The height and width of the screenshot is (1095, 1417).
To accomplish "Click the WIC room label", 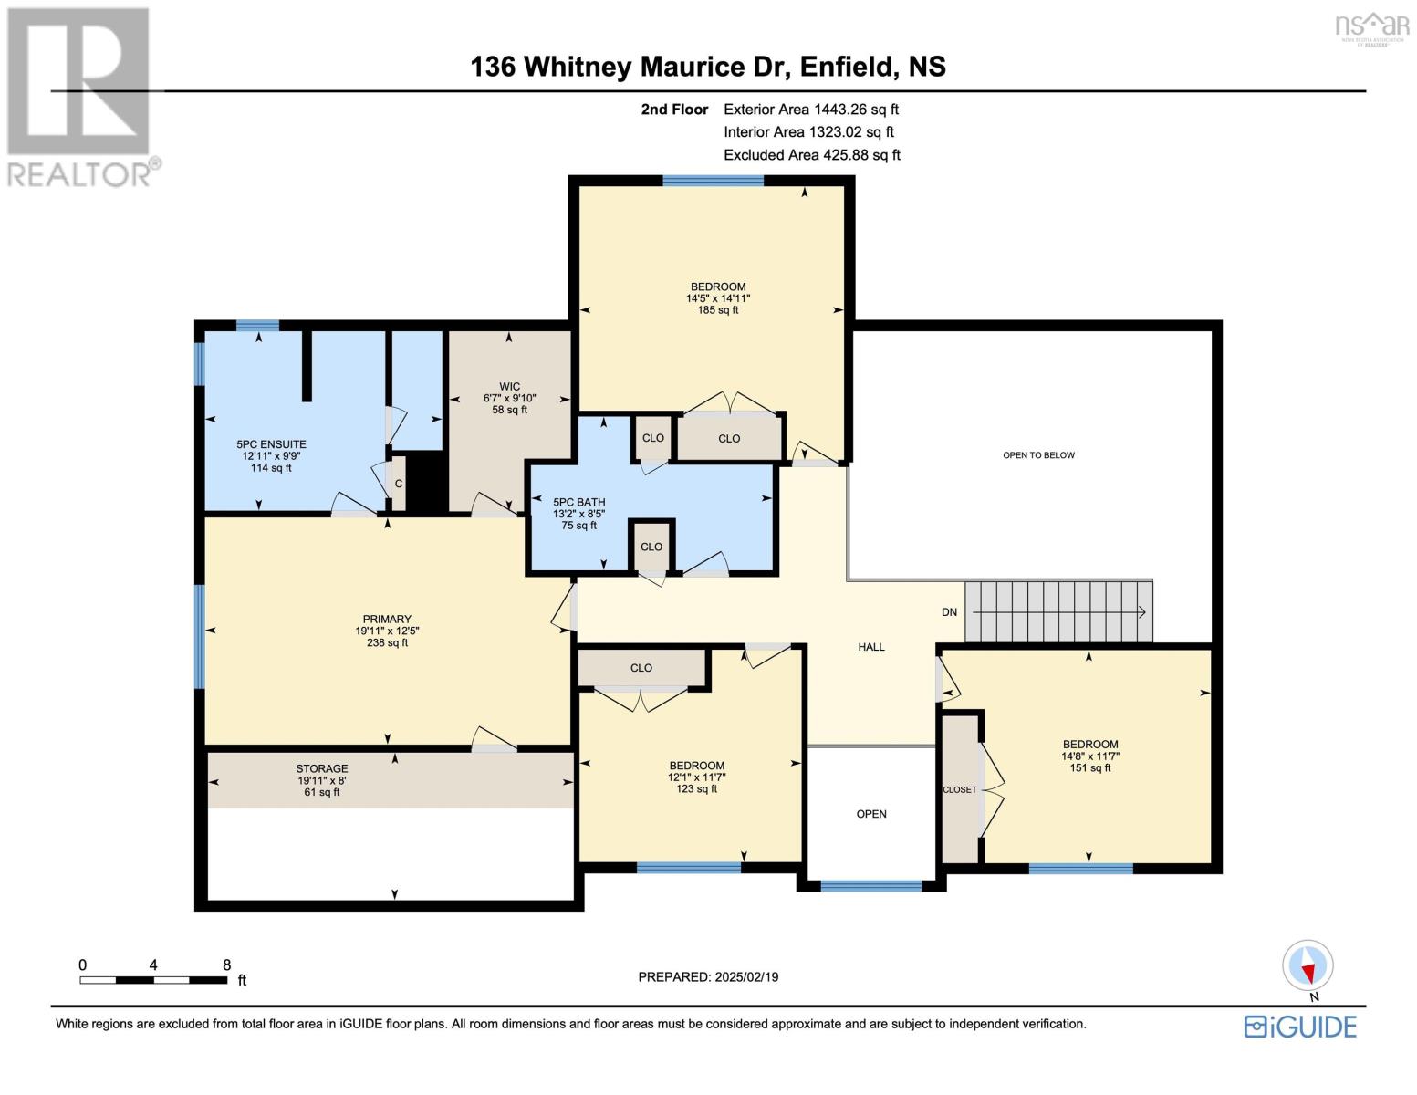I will coord(509,386).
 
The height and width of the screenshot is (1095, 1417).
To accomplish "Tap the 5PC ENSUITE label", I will coord(271,444).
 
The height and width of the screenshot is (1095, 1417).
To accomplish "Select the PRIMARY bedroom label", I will coord(387,619).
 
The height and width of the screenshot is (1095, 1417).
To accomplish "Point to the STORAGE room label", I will coord(321,768).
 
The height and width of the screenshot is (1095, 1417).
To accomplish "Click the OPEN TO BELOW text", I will coord(1038,455).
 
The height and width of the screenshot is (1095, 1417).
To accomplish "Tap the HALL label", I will coord(871,647).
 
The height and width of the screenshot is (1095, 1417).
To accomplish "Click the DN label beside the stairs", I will coord(949,612).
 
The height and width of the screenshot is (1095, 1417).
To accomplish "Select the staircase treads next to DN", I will coord(1058,611).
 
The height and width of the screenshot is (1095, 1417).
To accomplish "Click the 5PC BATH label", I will coord(578,502).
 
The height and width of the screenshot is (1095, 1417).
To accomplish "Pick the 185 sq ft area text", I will coord(717,310).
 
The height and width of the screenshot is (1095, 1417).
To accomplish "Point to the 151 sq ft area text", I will coord(1089,767).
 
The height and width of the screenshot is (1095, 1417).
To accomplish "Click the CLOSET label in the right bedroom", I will coord(960,789).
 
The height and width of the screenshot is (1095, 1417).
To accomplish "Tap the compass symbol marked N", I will coord(1308,965).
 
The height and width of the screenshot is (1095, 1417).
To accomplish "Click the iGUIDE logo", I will coord(1301,1027).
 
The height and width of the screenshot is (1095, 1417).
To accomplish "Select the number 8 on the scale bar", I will coord(226,965).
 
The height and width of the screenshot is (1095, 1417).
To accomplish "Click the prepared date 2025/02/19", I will coord(745,977).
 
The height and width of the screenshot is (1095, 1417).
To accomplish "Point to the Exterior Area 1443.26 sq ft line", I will coord(810,109).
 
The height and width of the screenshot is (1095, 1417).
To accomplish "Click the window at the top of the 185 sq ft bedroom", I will coord(713,181).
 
